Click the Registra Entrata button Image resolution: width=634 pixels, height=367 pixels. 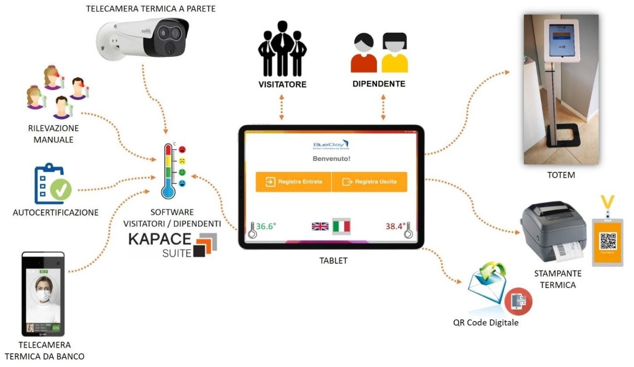coord(293,182)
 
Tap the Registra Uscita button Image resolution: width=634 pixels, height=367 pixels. coord(369,182)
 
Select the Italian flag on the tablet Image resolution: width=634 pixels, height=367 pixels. coord(341,226)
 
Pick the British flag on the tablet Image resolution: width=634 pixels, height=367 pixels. coord(320,226)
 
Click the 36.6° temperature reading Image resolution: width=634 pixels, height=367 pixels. coord(266,226)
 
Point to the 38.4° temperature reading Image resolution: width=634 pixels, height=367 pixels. coord(394,226)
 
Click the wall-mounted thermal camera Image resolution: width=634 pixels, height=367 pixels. coord(144,38)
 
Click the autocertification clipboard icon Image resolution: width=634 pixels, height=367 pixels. coord(50,185)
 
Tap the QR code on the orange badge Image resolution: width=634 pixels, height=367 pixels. coord(608,241)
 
